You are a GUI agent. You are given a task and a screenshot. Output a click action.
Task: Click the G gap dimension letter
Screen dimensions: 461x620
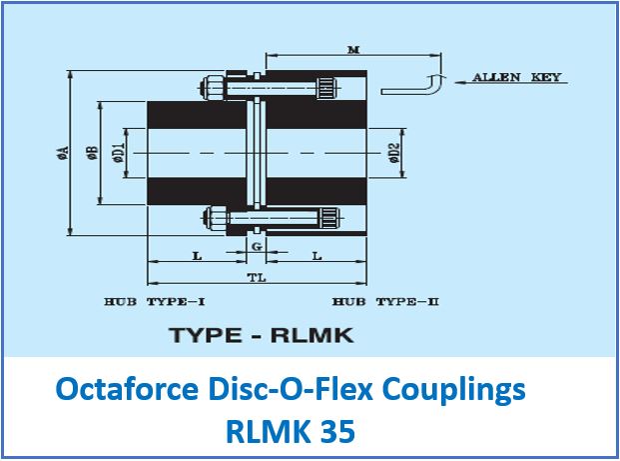[x=257, y=245]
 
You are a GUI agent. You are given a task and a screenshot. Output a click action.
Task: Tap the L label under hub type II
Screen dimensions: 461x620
[x=316, y=257]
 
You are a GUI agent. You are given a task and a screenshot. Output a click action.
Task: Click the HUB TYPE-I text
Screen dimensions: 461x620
[x=155, y=301]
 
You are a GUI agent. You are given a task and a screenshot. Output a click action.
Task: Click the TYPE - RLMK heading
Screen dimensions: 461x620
[x=262, y=335]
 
